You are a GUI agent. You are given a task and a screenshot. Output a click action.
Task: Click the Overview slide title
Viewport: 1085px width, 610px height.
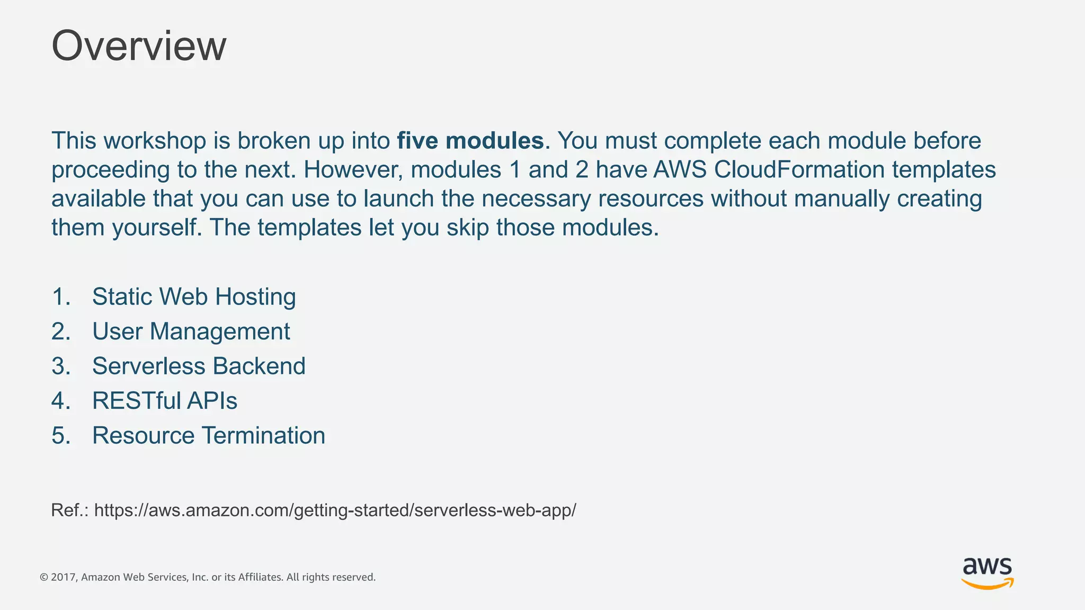tap(139, 46)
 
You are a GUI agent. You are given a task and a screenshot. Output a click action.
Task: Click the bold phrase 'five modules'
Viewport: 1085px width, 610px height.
tap(470, 141)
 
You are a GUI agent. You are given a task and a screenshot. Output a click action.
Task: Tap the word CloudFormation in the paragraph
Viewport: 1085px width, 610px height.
tap(799, 170)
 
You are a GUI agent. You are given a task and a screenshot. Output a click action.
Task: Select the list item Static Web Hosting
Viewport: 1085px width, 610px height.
tap(194, 297)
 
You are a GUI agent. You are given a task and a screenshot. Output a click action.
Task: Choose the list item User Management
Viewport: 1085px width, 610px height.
tap(191, 331)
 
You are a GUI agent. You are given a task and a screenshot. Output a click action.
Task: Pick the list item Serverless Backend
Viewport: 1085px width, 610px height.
tap(199, 366)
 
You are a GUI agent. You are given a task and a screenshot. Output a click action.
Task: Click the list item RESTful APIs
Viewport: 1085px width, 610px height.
tap(165, 401)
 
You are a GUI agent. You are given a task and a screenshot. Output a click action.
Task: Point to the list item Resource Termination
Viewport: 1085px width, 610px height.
tap(209, 436)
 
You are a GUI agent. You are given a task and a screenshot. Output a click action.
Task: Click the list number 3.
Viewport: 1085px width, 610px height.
tap(60, 366)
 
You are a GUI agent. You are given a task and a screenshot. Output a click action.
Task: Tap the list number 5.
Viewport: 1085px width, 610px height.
tap(60, 436)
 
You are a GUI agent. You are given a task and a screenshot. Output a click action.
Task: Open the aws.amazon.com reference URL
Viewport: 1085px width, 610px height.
tap(335, 510)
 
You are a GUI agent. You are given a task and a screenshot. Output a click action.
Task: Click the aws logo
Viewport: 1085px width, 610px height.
tap(987, 573)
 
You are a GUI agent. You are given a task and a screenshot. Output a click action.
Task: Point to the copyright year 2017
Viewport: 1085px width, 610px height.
tap(63, 577)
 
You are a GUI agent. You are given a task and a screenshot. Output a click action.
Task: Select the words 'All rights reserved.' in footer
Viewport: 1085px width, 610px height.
tap(331, 577)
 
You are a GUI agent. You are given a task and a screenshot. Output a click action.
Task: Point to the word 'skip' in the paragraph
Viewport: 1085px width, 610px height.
tap(468, 228)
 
